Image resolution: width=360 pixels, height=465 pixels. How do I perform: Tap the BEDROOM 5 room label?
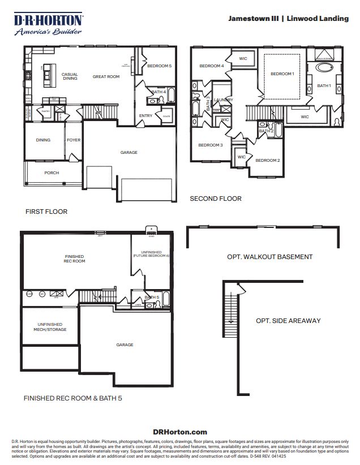pyautogui.click(x=159, y=66)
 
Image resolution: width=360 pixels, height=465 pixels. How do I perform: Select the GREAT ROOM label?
pyautogui.click(x=106, y=76)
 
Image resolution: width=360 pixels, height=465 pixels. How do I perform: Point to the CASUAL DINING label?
pyautogui.click(x=70, y=76)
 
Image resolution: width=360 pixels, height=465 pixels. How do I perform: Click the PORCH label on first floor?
pyautogui.click(x=52, y=173)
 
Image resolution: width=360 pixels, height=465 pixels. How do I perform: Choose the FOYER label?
pyautogui.click(x=74, y=140)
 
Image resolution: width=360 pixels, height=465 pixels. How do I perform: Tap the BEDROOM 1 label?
pyautogui.click(x=282, y=74)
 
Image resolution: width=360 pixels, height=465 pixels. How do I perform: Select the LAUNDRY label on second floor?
pyautogui.click(x=223, y=100)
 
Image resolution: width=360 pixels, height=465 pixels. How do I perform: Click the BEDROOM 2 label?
pyautogui.click(x=267, y=160)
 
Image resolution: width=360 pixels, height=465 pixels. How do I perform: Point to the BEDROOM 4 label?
pyautogui.click(x=211, y=66)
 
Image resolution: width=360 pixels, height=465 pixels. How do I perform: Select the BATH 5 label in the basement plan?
pyautogui.click(x=152, y=297)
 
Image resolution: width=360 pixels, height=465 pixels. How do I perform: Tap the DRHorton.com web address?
pyautogui.click(x=180, y=432)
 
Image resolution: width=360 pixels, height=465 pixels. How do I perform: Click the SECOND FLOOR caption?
pyautogui.click(x=215, y=199)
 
